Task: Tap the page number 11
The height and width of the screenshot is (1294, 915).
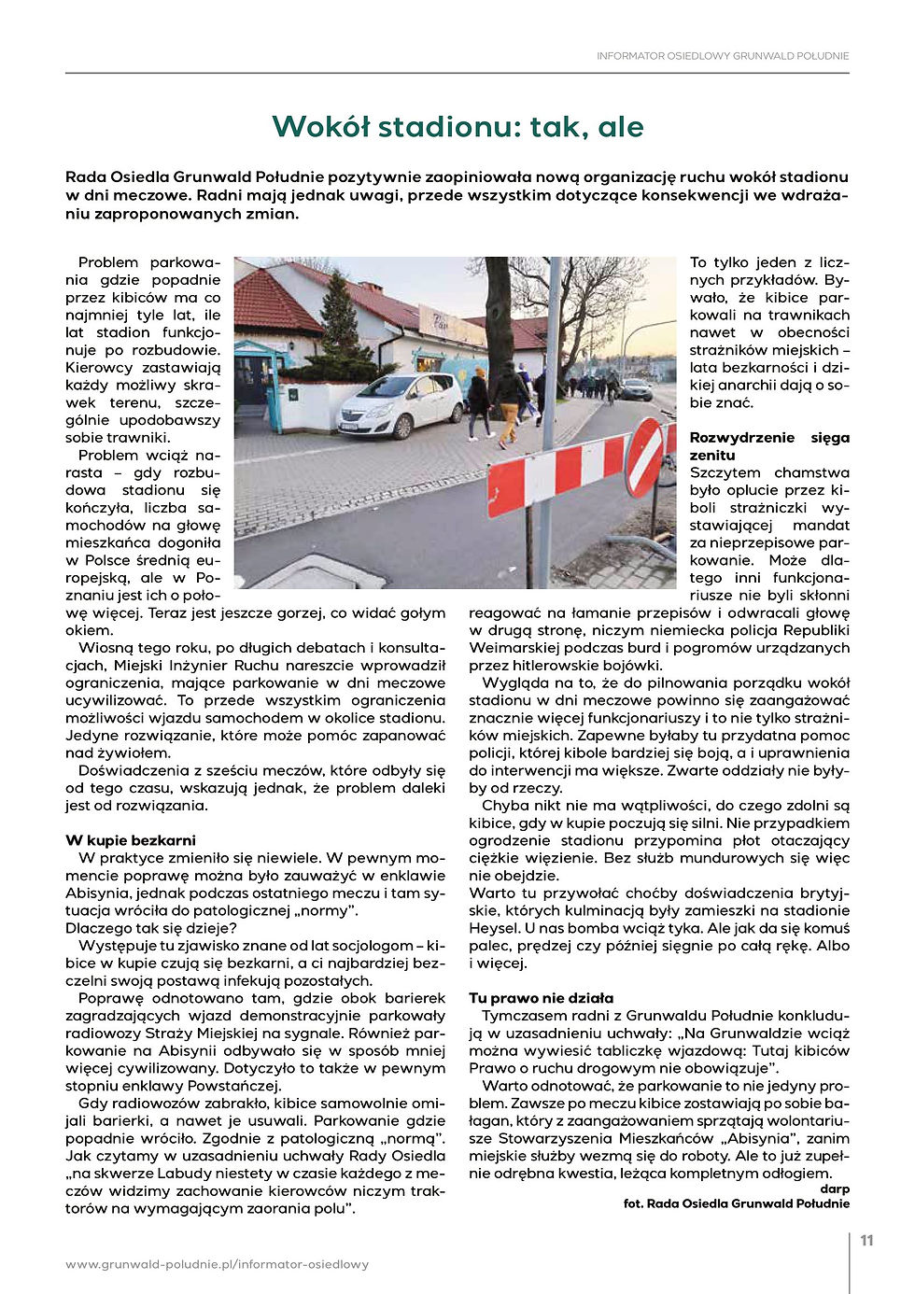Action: [866, 1241]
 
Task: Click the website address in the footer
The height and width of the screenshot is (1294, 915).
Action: [217, 1264]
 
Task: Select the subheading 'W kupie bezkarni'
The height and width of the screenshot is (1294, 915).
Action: [131, 840]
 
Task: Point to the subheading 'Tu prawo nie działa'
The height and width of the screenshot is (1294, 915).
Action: [541, 998]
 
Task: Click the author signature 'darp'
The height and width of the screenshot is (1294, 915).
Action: [835, 1189]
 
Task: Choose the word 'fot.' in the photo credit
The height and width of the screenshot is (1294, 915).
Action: [635, 1203]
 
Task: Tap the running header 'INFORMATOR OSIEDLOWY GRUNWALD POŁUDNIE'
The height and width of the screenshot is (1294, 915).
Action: [723, 56]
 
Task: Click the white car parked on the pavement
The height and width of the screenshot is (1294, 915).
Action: [400, 403]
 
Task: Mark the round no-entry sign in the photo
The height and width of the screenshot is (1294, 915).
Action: [644, 457]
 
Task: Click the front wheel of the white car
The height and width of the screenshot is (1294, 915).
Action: [402, 427]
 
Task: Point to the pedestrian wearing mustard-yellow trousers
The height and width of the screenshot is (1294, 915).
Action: [509, 401]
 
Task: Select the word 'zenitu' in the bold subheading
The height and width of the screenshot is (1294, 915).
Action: [712, 456]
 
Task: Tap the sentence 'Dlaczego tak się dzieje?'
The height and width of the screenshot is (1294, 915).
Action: [151, 928]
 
